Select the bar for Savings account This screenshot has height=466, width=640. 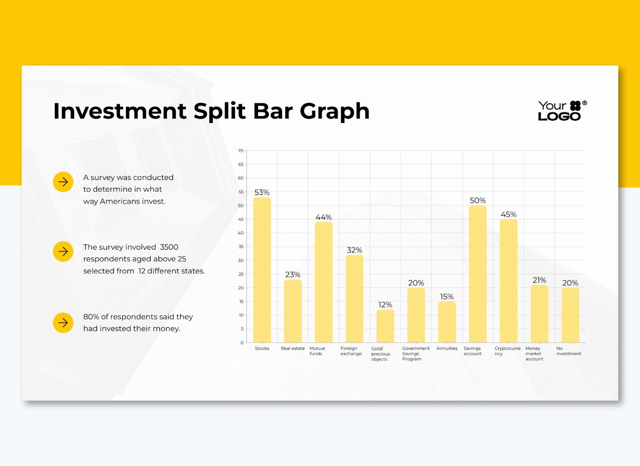point(478,274)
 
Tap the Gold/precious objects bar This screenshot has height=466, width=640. point(385,326)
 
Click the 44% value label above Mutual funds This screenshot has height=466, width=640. point(323,217)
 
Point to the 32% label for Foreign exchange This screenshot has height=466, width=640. point(354,250)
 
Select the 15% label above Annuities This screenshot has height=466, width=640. point(447,297)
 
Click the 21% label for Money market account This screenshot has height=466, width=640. point(539,280)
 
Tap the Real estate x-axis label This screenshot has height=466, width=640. point(293,349)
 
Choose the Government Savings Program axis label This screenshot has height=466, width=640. point(415,354)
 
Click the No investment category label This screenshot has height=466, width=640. point(569,351)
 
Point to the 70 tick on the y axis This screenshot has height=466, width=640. point(241,151)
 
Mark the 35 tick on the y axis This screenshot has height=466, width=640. point(241,247)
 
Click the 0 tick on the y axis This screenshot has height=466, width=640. point(242,342)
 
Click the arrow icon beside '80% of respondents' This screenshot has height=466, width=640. point(63,323)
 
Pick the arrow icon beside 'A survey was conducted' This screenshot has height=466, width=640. point(63,182)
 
